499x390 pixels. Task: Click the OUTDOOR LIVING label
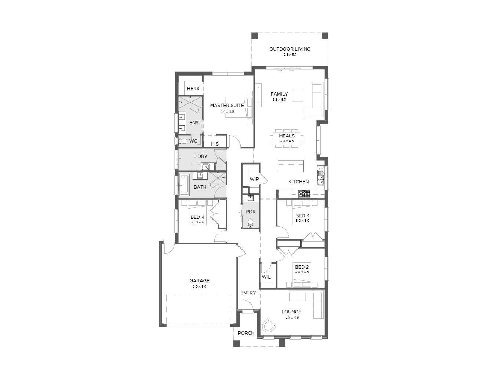click(x=290, y=49)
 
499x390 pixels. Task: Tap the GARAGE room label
click(x=199, y=280)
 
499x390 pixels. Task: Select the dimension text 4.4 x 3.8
click(x=227, y=111)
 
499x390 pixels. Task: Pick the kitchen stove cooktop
click(x=304, y=194)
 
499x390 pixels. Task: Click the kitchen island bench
click(x=291, y=166)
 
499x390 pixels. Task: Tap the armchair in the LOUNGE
click(x=269, y=325)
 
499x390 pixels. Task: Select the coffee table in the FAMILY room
click(x=297, y=96)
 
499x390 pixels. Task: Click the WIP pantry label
click(x=254, y=179)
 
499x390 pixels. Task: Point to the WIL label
click(x=266, y=277)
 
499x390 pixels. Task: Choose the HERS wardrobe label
click(x=193, y=89)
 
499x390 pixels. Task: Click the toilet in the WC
click(x=183, y=141)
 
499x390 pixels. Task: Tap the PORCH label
click(x=246, y=333)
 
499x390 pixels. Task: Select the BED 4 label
click(x=197, y=217)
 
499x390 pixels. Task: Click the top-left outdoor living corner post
click(x=255, y=36)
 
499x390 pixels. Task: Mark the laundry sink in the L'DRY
click(x=205, y=166)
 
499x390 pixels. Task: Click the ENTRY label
click(x=248, y=293)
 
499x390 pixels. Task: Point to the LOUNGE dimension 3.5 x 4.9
click(x=292, y=317)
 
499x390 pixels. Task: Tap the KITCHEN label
click(x=299, y=182)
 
